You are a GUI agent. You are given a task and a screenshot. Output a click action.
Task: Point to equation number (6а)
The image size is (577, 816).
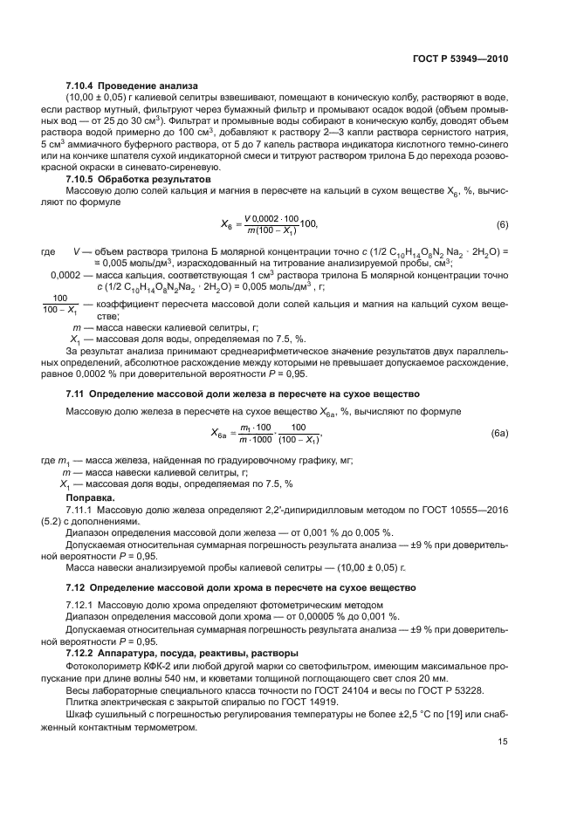point(499,433)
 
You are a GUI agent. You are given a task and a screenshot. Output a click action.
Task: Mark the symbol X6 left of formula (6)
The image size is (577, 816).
point(224,225)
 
